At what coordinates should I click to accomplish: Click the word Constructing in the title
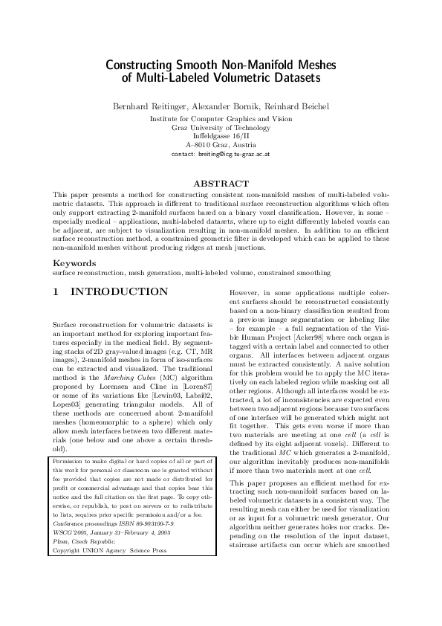139,65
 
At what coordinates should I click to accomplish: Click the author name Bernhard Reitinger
147,106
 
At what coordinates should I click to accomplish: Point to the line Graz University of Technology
221,127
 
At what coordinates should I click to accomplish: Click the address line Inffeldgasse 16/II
221,136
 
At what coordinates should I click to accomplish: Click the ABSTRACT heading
221,183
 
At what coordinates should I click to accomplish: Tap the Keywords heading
74,263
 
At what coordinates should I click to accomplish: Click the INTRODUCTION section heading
119,292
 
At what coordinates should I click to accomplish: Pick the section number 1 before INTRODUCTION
56,292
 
